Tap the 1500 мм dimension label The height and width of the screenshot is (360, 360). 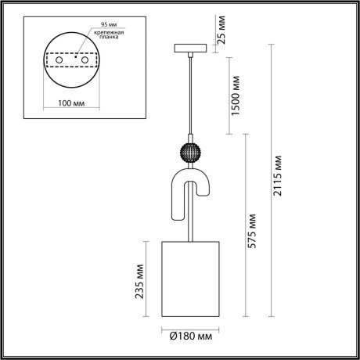click(230, 92)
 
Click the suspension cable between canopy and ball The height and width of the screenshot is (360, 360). click(191, 94)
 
